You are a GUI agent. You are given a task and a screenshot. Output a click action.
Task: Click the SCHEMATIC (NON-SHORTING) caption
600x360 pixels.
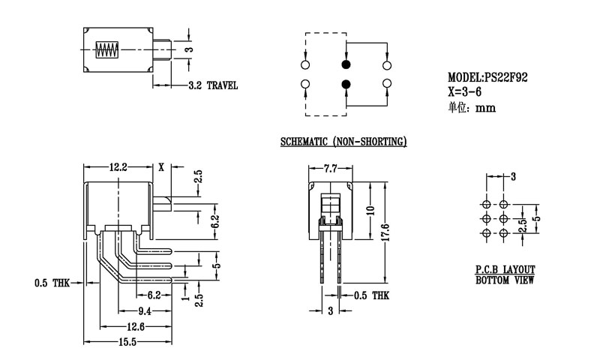[343, 141]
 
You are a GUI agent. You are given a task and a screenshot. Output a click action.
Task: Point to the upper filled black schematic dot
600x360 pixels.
[346, 66]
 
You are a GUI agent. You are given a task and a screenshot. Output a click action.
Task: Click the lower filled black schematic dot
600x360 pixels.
[346, 84]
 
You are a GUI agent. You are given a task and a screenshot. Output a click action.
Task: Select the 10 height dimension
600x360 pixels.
[370, 211]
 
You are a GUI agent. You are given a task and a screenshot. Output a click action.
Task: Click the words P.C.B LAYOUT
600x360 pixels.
[510, 269]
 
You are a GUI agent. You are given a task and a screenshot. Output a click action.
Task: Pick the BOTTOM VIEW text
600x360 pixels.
[510, 280]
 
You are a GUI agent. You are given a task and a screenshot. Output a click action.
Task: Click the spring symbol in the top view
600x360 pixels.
[106, 52]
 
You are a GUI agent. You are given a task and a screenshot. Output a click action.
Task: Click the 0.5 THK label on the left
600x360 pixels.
[52, 283]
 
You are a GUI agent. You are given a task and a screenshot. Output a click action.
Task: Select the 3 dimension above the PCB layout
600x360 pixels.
[514, 177]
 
